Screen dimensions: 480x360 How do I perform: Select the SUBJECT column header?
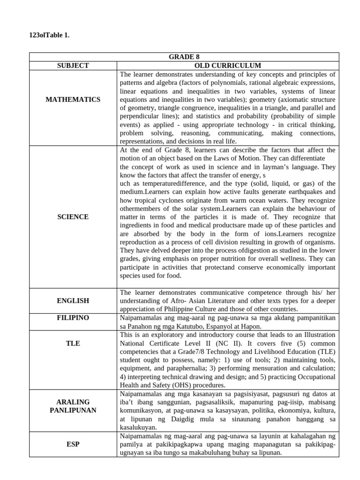click(x=73, y=66)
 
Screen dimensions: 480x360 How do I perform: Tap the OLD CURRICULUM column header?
click(x=227, y=66)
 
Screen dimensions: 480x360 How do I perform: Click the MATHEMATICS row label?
click(x=73, y=99)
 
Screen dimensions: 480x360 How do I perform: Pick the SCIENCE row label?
click(x=73, y=217)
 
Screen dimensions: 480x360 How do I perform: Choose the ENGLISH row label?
click(x=73, y=300)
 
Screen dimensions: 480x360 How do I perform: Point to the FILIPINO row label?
click(x=73, y=318)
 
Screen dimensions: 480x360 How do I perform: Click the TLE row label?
click(x=73, y=344)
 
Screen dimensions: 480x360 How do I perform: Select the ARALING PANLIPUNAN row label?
click(x=73, y=406)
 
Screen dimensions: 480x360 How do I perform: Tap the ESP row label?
click(x=73, y=444)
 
